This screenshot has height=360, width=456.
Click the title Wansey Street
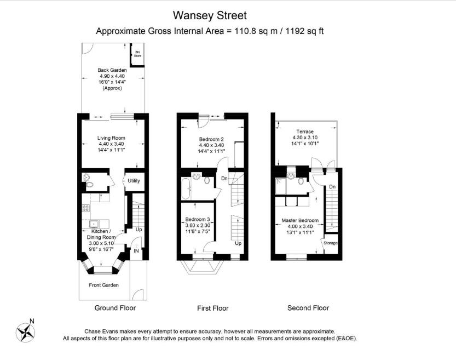[x=210, y=15]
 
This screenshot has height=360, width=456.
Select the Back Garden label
[x=112, y=70]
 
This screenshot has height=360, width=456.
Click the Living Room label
[x=111, y=138]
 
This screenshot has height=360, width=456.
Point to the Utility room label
[x=134, y=181]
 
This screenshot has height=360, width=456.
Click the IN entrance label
[x=136, y=250]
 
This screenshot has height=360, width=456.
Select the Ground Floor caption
[x=115, y=308]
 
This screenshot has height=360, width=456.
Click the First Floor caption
[x=212, y=308]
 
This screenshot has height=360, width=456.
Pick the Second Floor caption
[x=308, y=308]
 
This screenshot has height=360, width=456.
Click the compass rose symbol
[x=25, y=332]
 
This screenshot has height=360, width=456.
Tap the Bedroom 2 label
[x=211, y=139]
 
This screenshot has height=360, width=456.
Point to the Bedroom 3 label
[x=198, y=219]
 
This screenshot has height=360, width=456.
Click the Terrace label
[x=305, y=132]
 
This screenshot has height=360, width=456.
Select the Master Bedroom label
[x=300, y=221]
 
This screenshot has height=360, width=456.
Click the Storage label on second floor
[x=330, y=242]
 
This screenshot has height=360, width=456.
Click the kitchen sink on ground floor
[x=94, y=223]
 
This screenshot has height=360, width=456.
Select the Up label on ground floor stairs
[x=138, y=229]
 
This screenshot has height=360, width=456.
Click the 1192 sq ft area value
[x=304, y=31]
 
